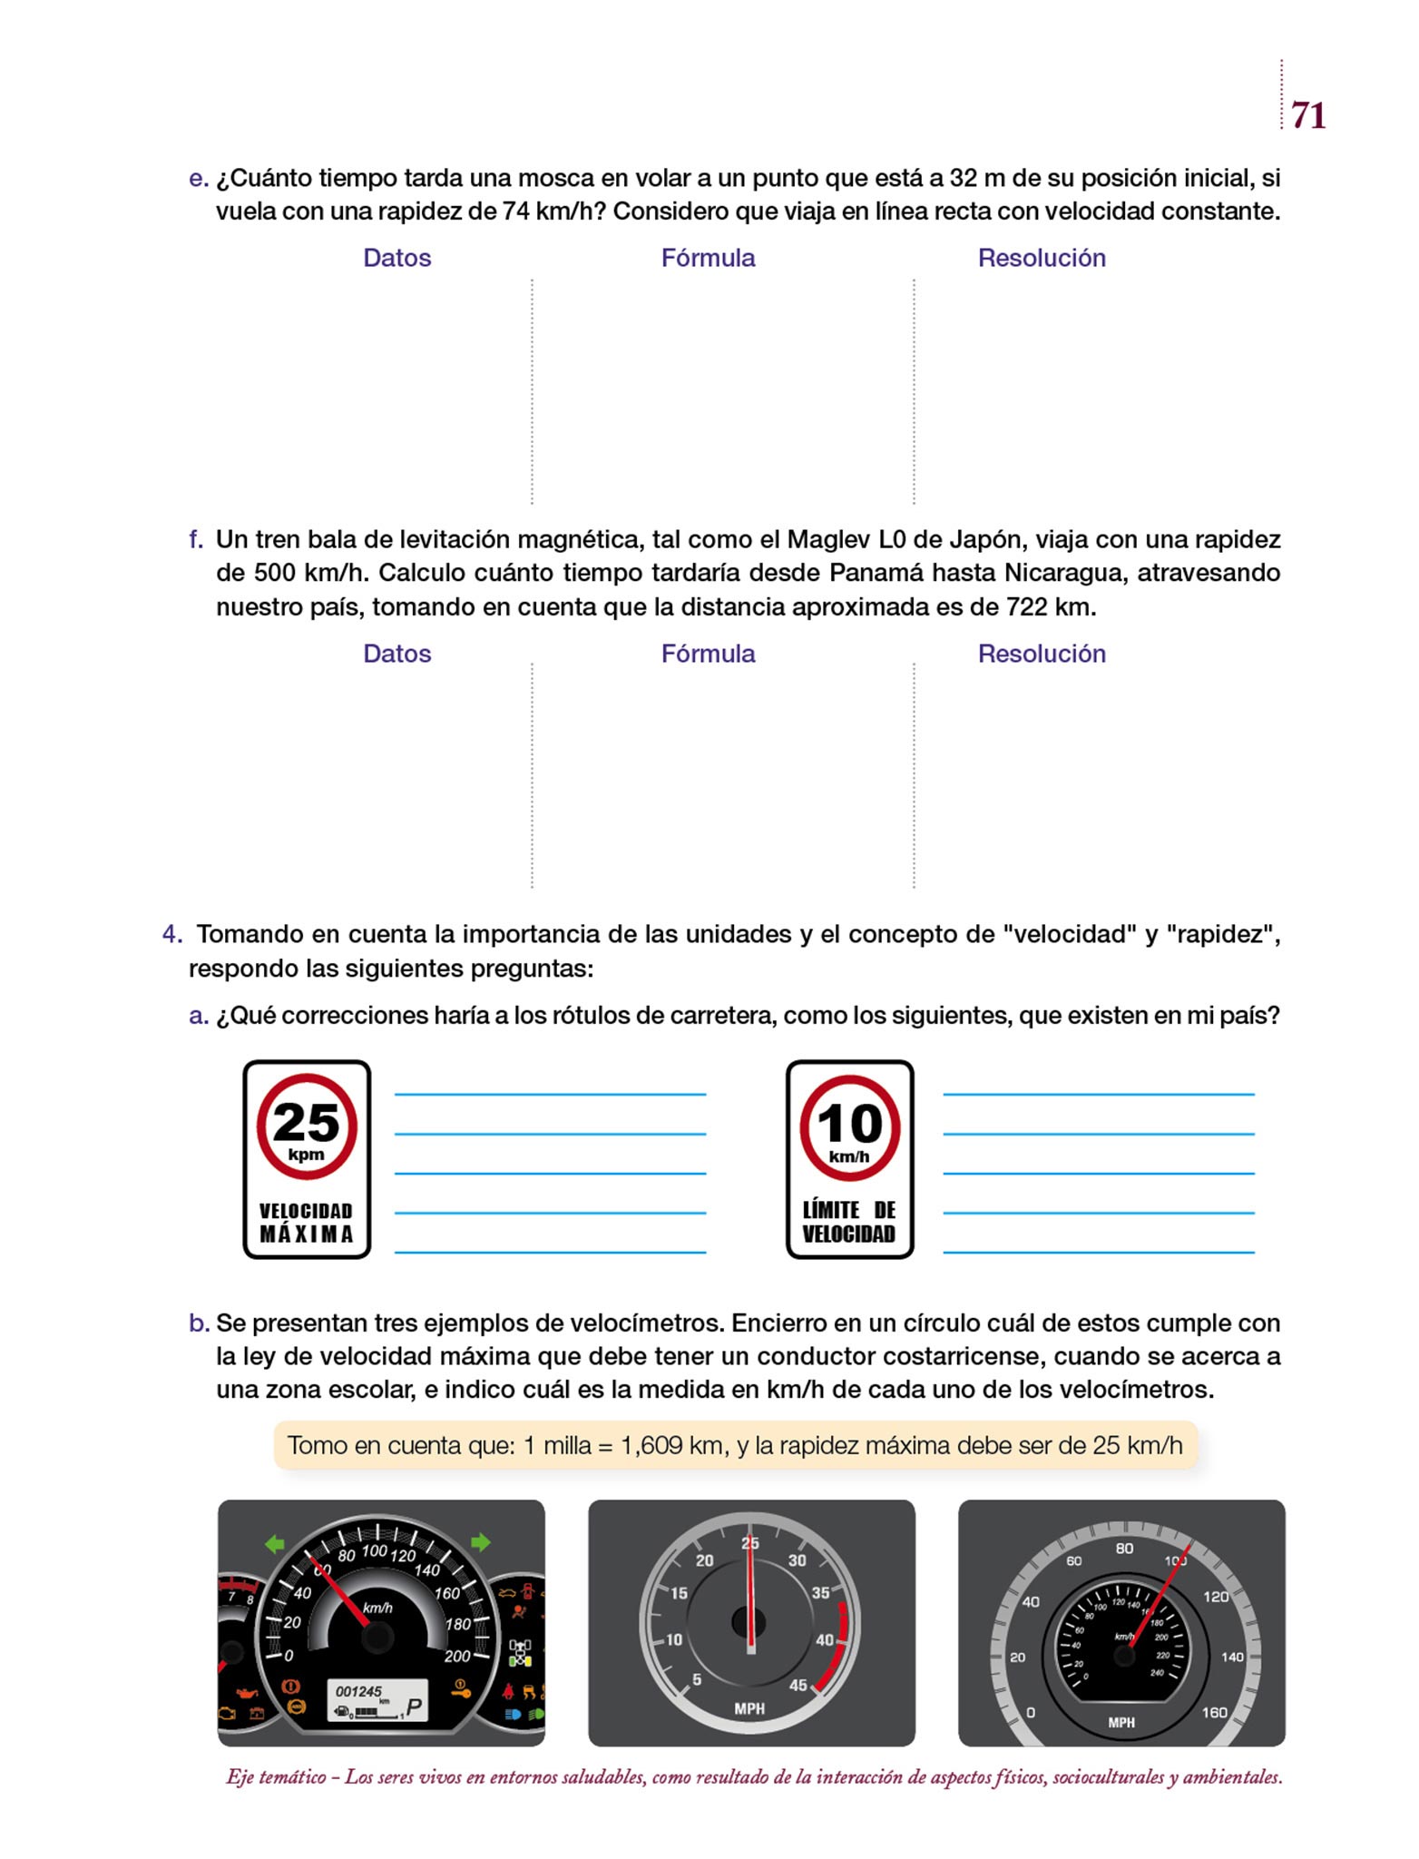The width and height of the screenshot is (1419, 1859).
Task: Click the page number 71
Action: (x=1308, y=115)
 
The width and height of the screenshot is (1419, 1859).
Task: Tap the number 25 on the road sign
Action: (x=306, y=1122)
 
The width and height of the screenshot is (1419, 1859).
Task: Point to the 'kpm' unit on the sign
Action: (x=306, y=1156)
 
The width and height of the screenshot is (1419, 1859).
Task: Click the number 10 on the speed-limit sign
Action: (x=850, y=1124)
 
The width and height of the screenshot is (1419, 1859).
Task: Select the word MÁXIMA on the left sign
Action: (x=307, y=1234)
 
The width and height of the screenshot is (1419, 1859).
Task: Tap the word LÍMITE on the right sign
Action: (x=831, y=1210)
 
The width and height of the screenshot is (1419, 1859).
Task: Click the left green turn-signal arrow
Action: (x=275, y=1543)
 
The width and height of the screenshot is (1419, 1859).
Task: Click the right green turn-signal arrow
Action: (x=480, y=1542)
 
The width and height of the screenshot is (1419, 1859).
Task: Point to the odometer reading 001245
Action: (x=358, y=1691)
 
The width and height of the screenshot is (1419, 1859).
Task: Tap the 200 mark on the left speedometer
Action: (x=457, y=1657)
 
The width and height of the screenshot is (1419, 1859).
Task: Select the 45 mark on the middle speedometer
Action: (x=798, y=1686)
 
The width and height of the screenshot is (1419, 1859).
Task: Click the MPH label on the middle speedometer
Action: (x=749, y=1708)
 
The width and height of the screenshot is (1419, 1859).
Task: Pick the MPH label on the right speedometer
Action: (x=1121, y=1722)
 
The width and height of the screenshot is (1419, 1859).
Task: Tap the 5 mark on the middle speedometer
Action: (x=697, y=1680)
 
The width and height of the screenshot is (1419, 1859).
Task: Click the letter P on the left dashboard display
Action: (x=414, y=1707)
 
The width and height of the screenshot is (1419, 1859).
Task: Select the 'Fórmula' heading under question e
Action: (x=708, y=258)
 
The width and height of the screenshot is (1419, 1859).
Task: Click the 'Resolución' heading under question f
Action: (x=1042, y=654)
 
